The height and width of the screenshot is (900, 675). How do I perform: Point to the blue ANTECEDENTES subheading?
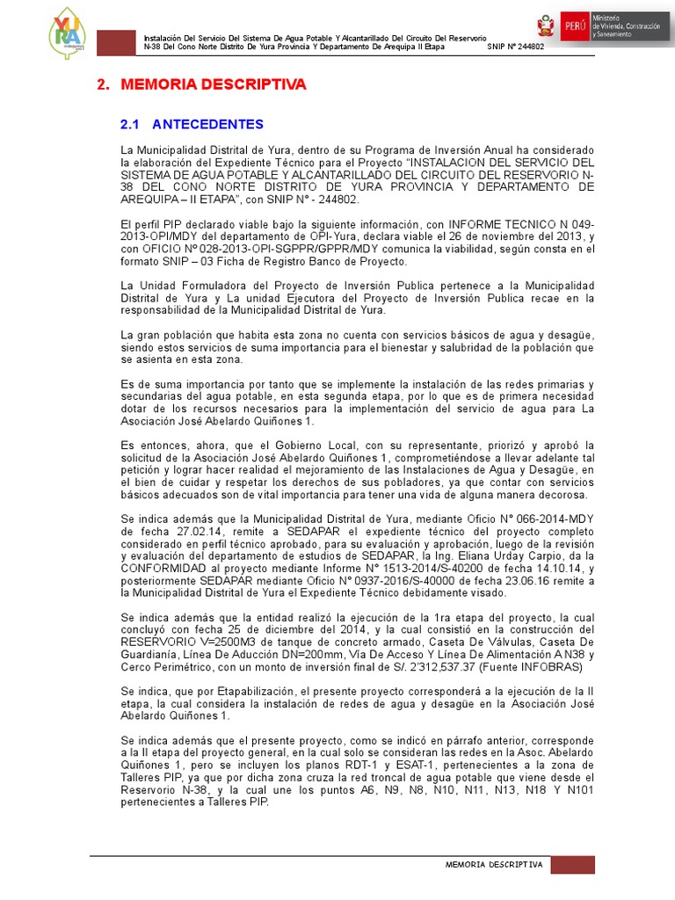pos(210,124)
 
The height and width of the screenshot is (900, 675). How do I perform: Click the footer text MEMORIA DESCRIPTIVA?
pos(495,866)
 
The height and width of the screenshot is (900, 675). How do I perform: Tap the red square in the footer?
pos(579,866)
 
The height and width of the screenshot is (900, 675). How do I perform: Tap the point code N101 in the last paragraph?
pos(581,790)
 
